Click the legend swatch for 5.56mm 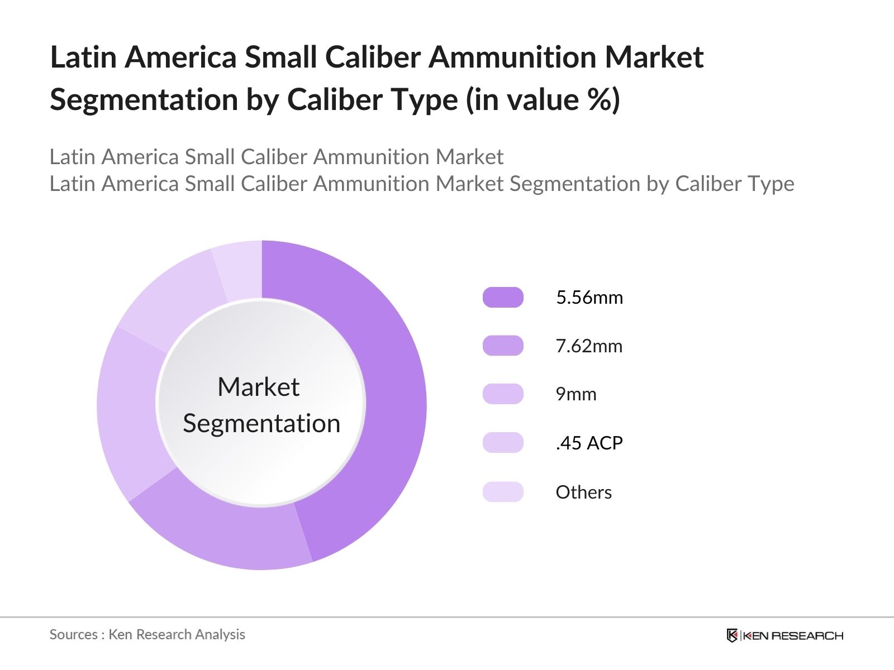(503, 297)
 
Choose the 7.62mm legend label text (589, 346)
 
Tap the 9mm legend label (576, 395)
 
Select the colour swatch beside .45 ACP (503, 443)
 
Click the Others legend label (583, 492)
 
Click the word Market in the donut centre (258, 387)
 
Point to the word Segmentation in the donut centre (261, 423)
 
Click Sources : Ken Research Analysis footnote (147, 634)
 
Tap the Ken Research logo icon (732, 635)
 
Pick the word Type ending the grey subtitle (772, 184)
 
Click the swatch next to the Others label (503, 492)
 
